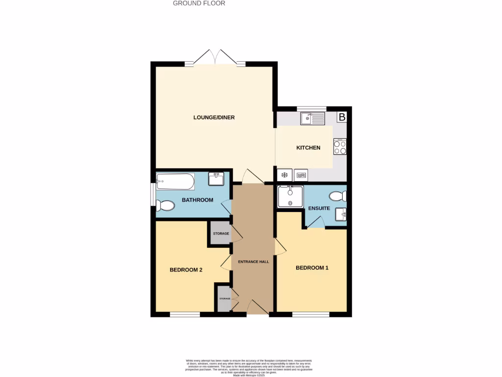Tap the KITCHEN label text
[x=308, y=148]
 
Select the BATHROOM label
[x=198, y=200]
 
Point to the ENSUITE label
[x=319, y=209]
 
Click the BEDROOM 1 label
[x=312, y=268]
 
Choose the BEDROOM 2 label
[x=186, y=269]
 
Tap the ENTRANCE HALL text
[x=253, y=262]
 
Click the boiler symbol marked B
[x=342, y=117]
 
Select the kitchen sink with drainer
[x=313, y=118]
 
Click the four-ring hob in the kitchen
[x=340, y=147]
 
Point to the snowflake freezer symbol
[x=284, y=175]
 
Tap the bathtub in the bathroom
[x=175, y=182]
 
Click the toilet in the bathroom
[x=165, y=205]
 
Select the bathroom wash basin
[x=216, y=179]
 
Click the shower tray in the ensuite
[x=290, y=196]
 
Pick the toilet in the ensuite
[x=338, y=196]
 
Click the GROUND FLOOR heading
[x=199, y=3]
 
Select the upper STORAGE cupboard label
[x=221, y=234]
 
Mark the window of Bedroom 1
[x=311, y=314]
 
